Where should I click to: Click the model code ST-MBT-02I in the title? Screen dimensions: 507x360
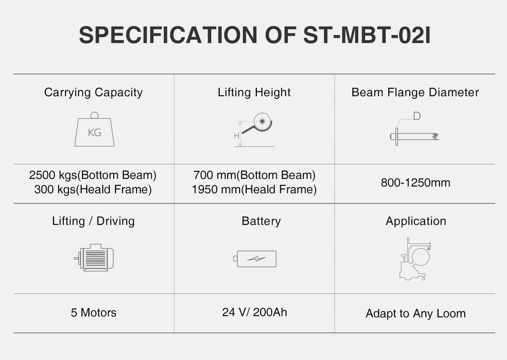(367, 35)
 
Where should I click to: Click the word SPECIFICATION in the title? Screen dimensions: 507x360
(168, 35)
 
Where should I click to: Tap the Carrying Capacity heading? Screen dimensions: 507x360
(93, 92)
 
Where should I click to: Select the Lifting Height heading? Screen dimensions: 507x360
(254, 92)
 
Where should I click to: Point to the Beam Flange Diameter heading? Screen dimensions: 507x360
(415, 92)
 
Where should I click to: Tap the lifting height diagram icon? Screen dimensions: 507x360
(254, 130)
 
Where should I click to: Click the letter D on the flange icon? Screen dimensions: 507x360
(417, 116)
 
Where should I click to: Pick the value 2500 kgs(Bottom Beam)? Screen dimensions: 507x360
(93, 175)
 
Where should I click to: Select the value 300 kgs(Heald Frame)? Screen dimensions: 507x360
(93, 189)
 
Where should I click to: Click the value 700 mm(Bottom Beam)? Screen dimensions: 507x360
(254, 175)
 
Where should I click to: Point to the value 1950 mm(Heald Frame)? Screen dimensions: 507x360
(254, 189)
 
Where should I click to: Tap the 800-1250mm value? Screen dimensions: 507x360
(415, 183)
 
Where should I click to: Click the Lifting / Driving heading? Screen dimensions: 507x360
(93, 221)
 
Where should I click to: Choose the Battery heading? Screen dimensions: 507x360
(261, 221)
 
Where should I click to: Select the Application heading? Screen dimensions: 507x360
(416, 221)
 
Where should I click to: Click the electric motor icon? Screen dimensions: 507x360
(94, 257)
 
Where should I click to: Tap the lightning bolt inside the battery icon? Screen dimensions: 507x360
(256, 259)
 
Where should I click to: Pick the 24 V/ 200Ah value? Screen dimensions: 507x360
(254, 312)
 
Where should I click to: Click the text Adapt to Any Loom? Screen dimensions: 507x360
(416, 314)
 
